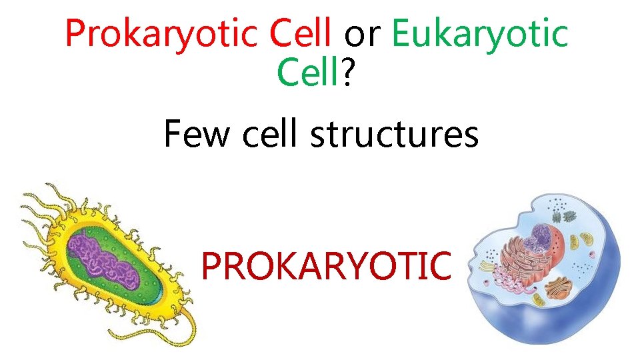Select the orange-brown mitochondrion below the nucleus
click(x=559, y=288)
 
